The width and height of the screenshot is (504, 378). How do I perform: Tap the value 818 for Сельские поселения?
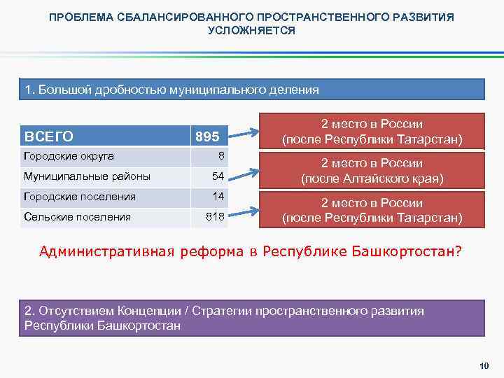pos(214,217)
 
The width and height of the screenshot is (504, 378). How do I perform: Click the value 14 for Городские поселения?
pos(218,197)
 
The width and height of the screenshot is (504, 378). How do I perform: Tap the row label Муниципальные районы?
pos(87,176)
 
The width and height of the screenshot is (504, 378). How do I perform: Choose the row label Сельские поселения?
pos(77,217)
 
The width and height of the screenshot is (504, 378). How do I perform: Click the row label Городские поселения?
pos(80,197)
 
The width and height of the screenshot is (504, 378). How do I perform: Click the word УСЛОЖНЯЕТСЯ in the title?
pos(251,31)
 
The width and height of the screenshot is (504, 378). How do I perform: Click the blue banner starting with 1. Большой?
pos(251,90)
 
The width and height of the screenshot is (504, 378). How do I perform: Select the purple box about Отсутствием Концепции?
pos(251,318)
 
